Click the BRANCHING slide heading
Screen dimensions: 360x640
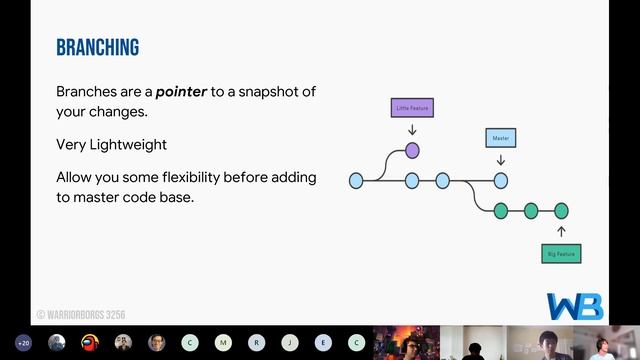pos(97,47)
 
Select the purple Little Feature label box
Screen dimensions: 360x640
pos(412,107)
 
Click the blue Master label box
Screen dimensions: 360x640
pos(500,137)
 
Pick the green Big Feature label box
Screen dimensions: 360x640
pos(561,254)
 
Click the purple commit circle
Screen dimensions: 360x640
pos(412,150)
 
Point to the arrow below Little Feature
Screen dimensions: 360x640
pos(412,129)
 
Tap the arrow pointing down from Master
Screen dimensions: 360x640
pos(501,159)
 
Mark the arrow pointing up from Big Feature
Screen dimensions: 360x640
pos(561,232)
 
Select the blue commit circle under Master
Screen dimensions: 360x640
pos(501,181)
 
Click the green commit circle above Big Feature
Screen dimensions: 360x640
pos(561,210)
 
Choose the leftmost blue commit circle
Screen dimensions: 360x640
pos(356,181)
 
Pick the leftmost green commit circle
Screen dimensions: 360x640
pos(501,210)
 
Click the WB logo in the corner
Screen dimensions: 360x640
pos(574,306)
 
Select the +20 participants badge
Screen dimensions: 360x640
pos(23,342)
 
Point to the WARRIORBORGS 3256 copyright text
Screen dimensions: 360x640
pos(81,314)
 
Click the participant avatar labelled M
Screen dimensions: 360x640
pos(223,342)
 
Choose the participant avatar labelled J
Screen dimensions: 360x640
pos(289,342)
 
